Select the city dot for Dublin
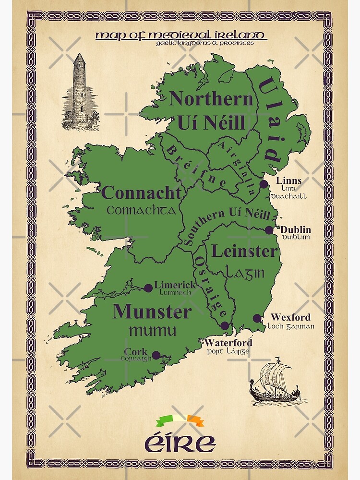[x=269, y=230]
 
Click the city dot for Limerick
[x=148, y=288]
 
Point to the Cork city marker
[x=156, y=356]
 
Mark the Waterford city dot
[x=225, y=326]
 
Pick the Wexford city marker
[x=257, y=318]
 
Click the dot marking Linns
[x=264, y=184]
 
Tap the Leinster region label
[x=245, y=251]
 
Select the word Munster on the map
[x=152, y=312]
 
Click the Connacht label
[x=143, y=193]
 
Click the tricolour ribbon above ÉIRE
[x=180, y=421]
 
